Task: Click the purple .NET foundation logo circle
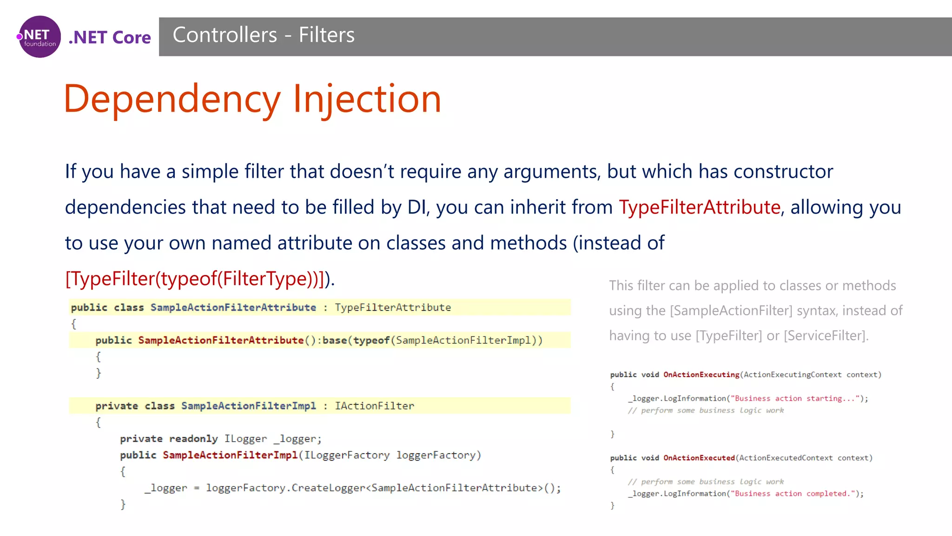[x=40, y=37]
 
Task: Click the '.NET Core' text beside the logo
[x=110, y=37]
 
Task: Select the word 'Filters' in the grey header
[x=326, y=35]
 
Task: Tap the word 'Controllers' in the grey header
[x=225, y=35]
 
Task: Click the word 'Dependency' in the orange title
[x=172, y=99]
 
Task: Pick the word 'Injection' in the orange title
[x=367, y=99]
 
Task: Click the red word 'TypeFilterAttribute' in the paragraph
[x=699, y=207]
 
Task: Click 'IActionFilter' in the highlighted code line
[x=374, y=406]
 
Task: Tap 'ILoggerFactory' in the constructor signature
[x=347, y=455]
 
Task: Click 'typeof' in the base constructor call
[x=371, y=341]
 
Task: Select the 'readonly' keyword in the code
[x=193, y=439]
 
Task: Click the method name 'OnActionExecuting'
[x=701, y=375]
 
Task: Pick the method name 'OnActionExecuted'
[x=699, y=458]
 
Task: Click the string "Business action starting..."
[x=794, y=398]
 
